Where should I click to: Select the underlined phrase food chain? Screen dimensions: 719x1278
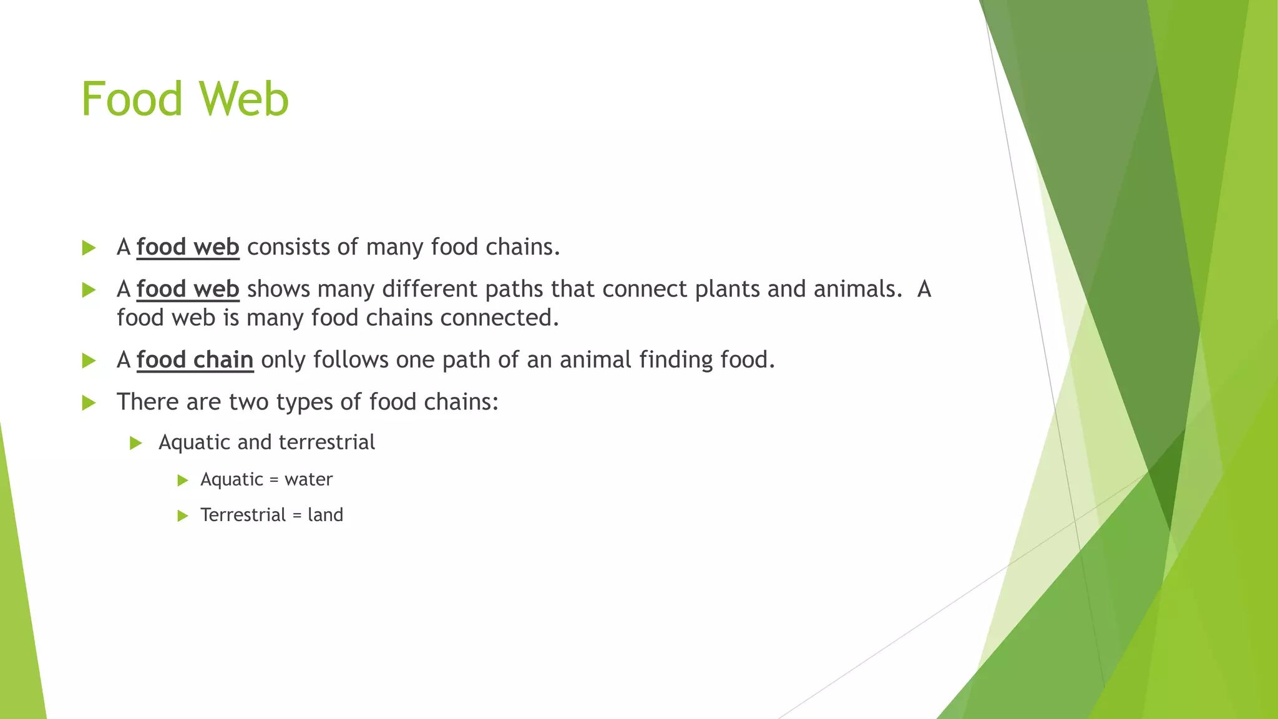point(195,360)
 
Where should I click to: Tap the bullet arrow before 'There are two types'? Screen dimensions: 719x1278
point(89,403)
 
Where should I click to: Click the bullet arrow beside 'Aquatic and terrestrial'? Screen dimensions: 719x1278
point(136,443)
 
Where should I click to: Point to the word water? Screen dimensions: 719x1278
point(308,479)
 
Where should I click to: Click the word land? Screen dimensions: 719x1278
point(325,515)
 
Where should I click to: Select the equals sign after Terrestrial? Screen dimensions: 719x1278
point(296,516)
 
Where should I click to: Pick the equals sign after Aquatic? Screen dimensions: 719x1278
point(273,480)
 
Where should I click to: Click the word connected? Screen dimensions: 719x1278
point(499,318)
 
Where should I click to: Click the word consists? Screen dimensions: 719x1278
point(288,247)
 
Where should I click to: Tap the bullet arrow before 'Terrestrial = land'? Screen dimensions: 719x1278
point(182,516)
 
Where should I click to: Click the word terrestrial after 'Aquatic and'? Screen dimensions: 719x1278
point(326,443)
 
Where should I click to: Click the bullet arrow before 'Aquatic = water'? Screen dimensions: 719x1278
point(182,480)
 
